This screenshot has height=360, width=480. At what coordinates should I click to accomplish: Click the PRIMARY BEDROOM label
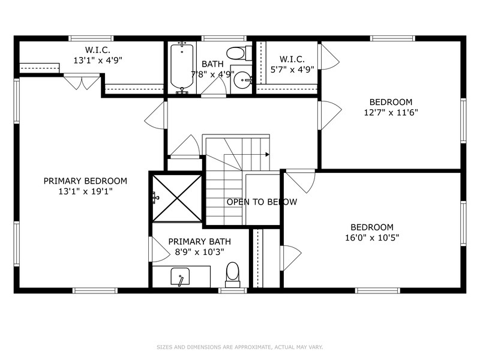[85, 181]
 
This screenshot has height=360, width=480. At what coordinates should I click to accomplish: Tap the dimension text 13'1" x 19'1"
[85, 191]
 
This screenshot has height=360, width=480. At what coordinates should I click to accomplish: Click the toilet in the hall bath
[237, 53]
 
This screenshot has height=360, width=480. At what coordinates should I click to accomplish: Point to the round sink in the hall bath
[241, 80]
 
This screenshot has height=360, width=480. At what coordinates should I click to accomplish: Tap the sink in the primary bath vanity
[180, 277]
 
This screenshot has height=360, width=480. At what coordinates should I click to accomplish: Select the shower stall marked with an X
[176, 198]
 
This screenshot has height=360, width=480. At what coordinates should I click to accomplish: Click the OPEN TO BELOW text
[262, 202]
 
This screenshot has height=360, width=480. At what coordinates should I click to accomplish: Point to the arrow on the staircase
[267, 154]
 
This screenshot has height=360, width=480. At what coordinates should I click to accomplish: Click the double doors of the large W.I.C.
[81, 83]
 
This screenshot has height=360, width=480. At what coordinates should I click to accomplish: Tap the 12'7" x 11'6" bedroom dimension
[391, 112]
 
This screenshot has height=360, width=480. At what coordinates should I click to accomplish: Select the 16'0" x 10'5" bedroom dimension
[372, 238]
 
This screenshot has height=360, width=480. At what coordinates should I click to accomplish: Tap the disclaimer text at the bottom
[240, 346]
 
